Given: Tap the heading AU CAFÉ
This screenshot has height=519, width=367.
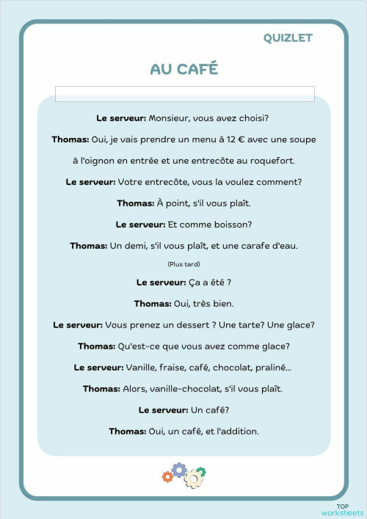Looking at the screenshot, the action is tap(183, 69).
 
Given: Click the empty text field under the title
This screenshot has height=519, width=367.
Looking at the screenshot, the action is tap(184, 94).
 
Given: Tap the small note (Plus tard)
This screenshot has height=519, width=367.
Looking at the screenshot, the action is tap(183, 264).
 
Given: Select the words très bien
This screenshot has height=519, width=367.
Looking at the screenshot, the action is tap(211, 303).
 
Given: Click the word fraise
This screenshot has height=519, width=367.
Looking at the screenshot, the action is tap(175, 367).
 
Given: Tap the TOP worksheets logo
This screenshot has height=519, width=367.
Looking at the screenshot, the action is tap(341, 509).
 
